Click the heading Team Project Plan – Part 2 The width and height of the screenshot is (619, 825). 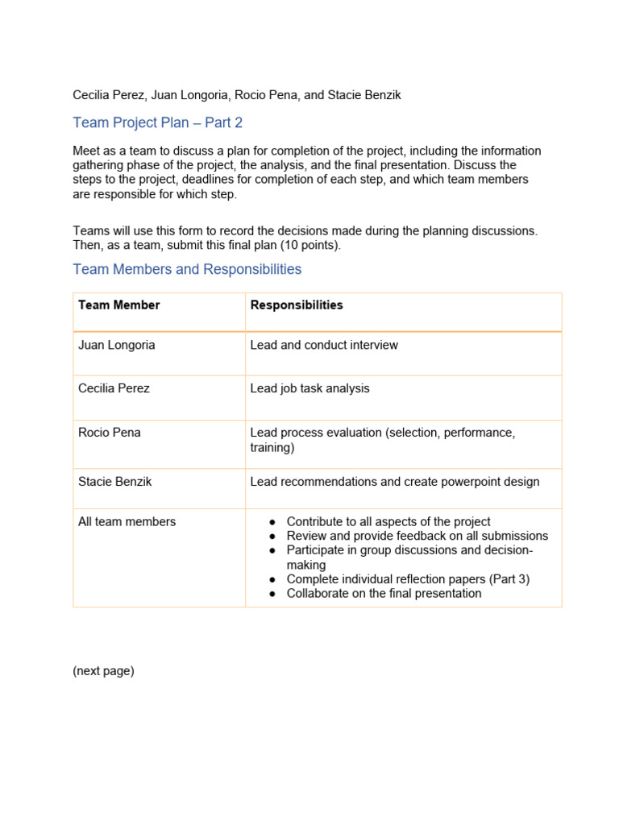[157, 122]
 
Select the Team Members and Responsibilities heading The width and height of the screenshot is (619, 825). [187, 269]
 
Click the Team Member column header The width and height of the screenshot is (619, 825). [119, 305]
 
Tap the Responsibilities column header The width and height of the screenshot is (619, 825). [297, 305]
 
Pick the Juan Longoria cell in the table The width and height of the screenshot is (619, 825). [117, 345]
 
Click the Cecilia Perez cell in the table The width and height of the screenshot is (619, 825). [114, 388]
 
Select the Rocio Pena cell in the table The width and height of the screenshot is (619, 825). [110, 433]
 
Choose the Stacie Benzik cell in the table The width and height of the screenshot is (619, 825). [115, 482]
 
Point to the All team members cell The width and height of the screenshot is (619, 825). [127, 522]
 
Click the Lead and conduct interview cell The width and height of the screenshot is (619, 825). [324, 345]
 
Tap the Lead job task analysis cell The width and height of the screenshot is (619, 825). [310, 388]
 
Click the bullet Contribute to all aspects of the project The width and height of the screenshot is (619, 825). [388, 522]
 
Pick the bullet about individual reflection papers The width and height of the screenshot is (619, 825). [408, 579]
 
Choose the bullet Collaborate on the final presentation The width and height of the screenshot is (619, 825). [384, 594]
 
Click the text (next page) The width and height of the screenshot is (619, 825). [103, 671]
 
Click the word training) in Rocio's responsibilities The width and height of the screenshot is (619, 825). [272, 447]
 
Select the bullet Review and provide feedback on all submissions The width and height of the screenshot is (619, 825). [417, 536]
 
